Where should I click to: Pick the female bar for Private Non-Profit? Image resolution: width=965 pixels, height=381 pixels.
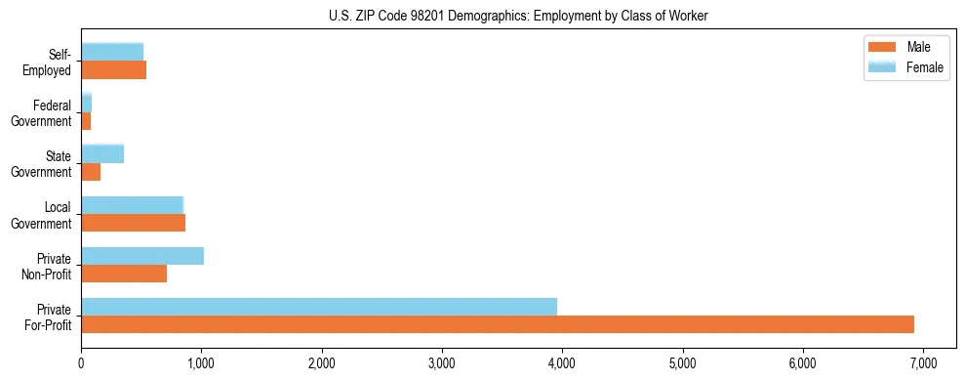click(x=142, y=256)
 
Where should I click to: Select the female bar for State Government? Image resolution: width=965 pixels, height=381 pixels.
click(x=102, y=153)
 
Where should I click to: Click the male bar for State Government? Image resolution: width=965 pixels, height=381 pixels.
click(x=91, y=172)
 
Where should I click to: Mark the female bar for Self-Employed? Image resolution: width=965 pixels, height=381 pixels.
click(x=112, y=52)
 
